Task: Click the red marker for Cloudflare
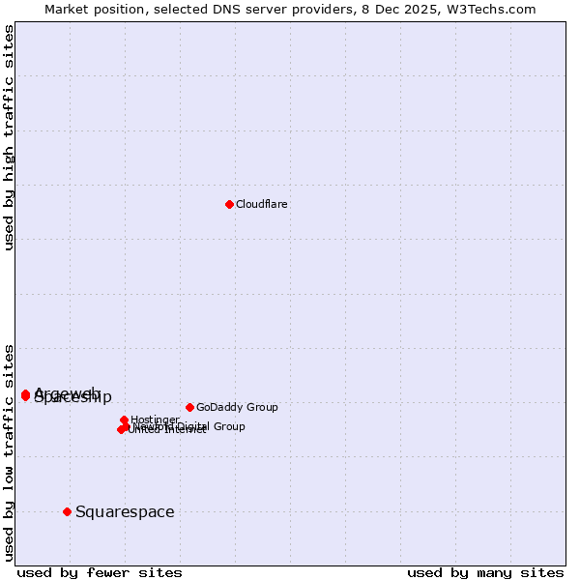(x=229, y=204)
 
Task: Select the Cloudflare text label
(x=261, y=204)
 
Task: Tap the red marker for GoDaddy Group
(x=189, y=407)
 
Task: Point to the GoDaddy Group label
(x=237, y=407)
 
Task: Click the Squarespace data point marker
(x=67, y=511)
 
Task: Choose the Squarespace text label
(x=125, y=511)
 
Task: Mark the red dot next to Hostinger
(x=124, y=420)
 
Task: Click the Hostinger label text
(x=155, y=419)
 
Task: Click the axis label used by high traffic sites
(x=10, y=137)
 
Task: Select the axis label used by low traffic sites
(x=10, y=451)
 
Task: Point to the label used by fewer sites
(x=100, y=572)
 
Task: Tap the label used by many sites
(x=484, y=572)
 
